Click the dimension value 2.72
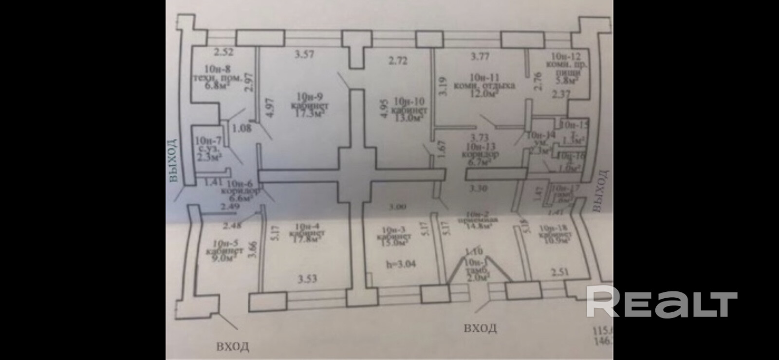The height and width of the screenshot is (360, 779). pyautogui.click(x=398, y=61)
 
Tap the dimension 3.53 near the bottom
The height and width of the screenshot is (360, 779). pyautogui.click(x=307, y=279)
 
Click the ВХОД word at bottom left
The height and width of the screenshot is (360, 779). pyautogui.click(x=233, y=346)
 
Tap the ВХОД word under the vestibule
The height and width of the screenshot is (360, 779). pyautogui.click(x=480, y=328)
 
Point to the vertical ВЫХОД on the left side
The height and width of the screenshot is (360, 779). pyautogui.click(x=173, y=161)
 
